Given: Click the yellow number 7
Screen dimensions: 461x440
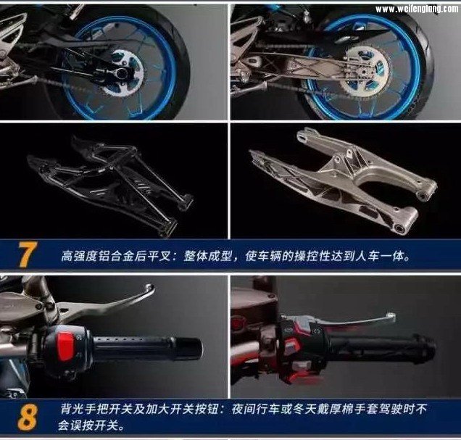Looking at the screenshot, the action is [x=28, y=254].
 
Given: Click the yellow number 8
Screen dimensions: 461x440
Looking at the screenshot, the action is [x=28, y=418].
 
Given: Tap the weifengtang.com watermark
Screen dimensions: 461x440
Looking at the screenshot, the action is [x=417, y=9].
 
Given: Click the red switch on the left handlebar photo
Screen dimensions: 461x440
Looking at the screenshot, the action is [x=65, y=346].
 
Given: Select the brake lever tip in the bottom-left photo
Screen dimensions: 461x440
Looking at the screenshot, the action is [x=149, y=287].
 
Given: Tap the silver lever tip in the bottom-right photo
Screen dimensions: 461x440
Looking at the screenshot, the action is [x=391, y=316].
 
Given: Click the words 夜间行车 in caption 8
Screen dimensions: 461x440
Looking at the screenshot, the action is [x=255, y=409].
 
